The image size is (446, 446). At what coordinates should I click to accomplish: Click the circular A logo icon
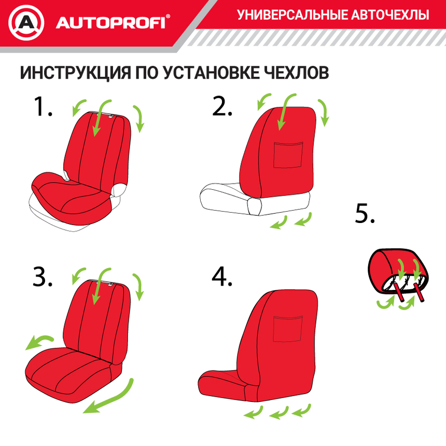pos(26,23)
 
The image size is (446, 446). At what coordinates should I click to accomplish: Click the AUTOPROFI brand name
pos(110,23)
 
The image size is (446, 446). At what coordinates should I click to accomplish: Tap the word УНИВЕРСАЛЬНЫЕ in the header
pos(290,15)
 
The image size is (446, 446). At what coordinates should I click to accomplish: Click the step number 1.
pos(43,107)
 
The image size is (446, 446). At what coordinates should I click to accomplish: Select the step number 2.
pos(222,107)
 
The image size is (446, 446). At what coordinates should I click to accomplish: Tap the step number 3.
pos(43,278)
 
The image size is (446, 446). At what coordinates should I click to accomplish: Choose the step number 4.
pos(222,278)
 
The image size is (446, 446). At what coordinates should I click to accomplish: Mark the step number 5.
pos(365,214)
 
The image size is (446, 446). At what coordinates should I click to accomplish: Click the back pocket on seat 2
pos(288,154)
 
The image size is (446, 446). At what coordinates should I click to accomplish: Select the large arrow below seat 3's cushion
pos(109,397)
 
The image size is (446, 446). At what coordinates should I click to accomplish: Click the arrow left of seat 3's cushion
pos(39,342)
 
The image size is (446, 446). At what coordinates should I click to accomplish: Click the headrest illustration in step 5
pos(398,272)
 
